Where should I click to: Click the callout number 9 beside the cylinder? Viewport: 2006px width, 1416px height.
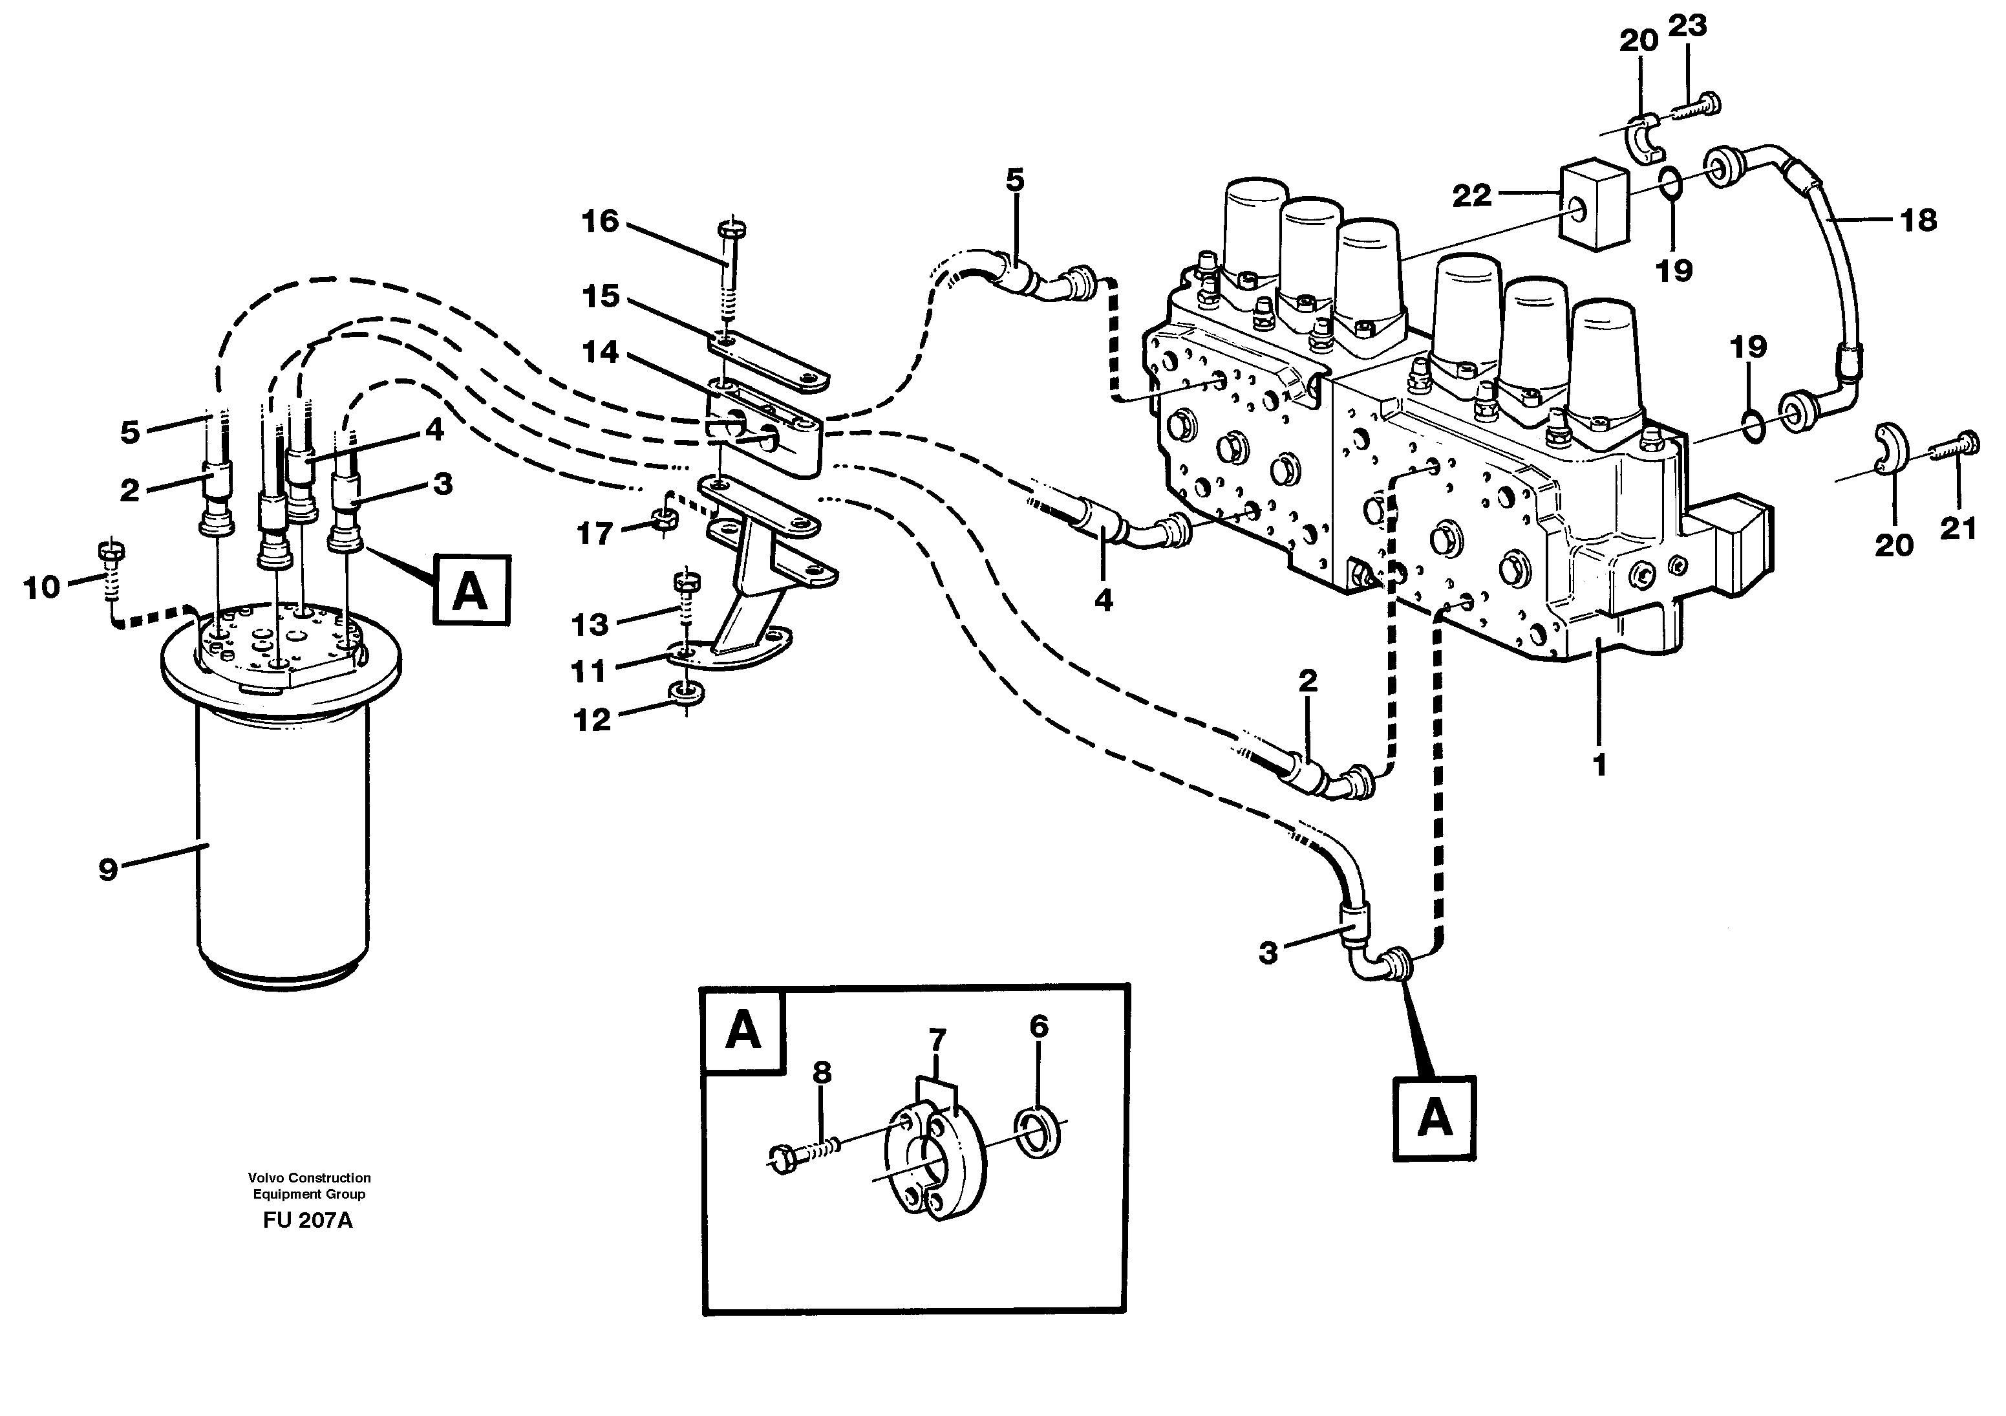click(107, 869)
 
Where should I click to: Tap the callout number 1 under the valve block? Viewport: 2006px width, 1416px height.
click(1599, 766)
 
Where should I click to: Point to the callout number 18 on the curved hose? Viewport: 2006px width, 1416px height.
click(1918, 221)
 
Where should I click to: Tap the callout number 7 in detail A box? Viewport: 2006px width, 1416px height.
click(937, 1040)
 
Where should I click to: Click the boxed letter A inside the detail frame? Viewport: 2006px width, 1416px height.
click(743, 1030)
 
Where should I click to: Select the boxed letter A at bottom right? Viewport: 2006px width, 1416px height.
click(1435, 1120)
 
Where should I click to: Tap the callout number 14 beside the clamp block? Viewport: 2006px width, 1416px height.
click(600, 353)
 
